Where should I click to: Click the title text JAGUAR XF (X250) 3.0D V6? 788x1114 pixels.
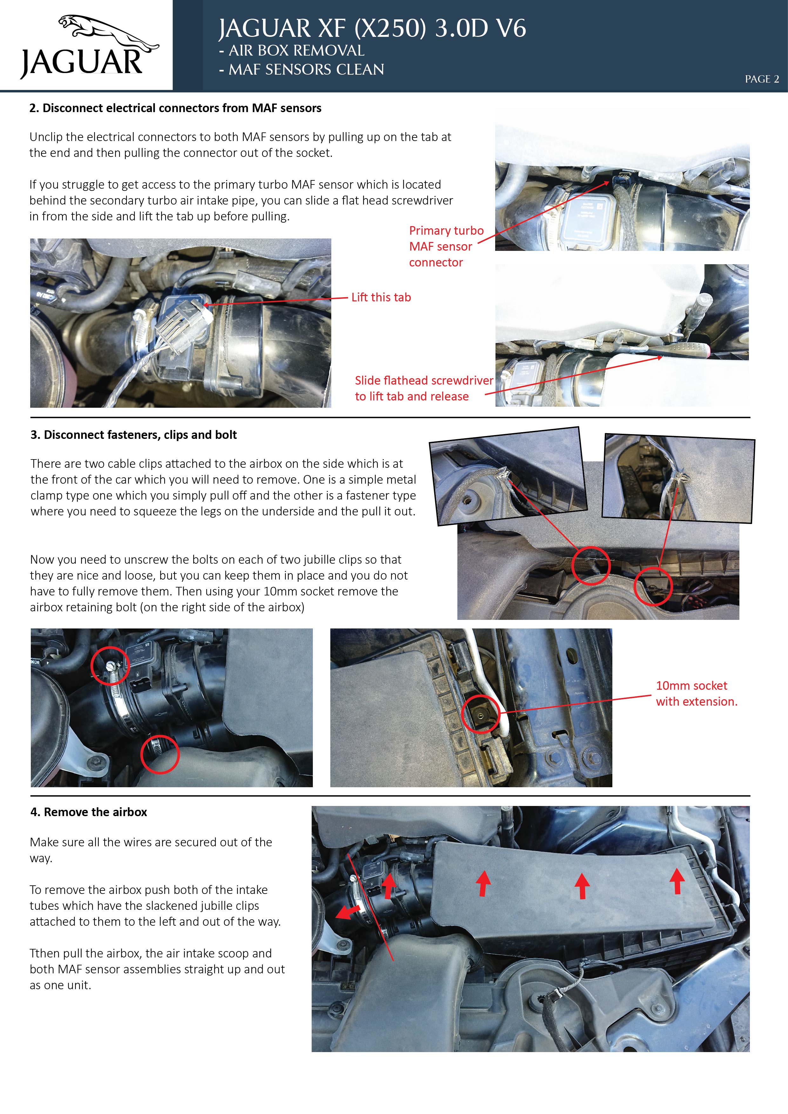372,28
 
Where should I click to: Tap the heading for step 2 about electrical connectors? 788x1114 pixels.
175,108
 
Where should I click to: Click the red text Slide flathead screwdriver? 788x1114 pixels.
424,380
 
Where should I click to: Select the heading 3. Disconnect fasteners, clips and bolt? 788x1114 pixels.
133,435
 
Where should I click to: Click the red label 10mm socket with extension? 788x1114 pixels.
696,693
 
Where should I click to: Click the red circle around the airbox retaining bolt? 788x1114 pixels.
480,714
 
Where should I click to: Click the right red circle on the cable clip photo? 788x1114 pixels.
653,586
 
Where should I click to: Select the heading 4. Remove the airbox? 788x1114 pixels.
89,812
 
